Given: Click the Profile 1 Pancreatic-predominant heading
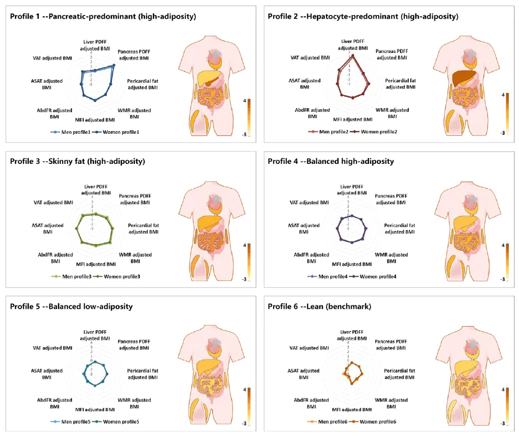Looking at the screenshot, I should (103, 16).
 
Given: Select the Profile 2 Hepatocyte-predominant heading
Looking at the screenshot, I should (363, 16).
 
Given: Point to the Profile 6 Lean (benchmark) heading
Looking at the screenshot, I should (319, 306).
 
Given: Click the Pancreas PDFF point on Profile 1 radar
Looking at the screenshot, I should (113, 65).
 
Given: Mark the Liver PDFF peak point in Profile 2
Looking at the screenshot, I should (352, 56).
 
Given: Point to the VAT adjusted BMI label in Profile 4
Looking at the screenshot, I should (310, 203).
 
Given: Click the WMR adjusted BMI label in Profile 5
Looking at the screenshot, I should (134, 403).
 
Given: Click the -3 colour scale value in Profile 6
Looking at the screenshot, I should (503, 423).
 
